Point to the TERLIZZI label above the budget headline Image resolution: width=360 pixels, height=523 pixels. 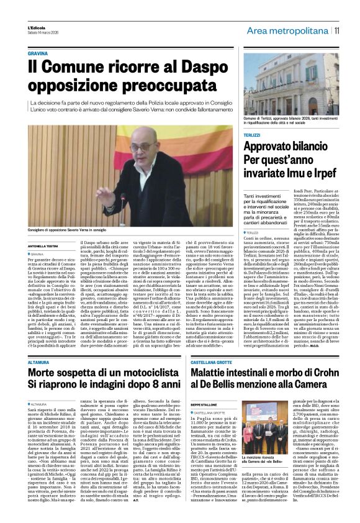(252, 134)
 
